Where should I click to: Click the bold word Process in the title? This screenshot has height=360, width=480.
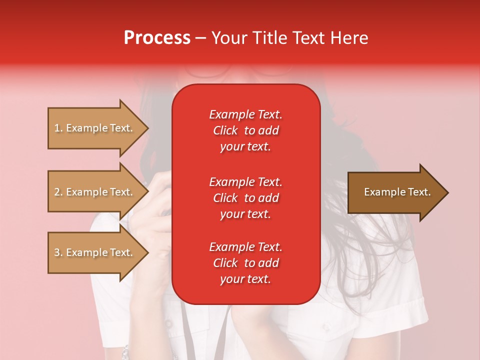(157, 38)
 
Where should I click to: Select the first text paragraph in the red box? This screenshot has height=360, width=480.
(245, 130)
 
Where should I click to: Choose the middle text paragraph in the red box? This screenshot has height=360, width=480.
(245, 197)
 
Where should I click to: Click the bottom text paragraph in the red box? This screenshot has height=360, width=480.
(245, 263)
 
